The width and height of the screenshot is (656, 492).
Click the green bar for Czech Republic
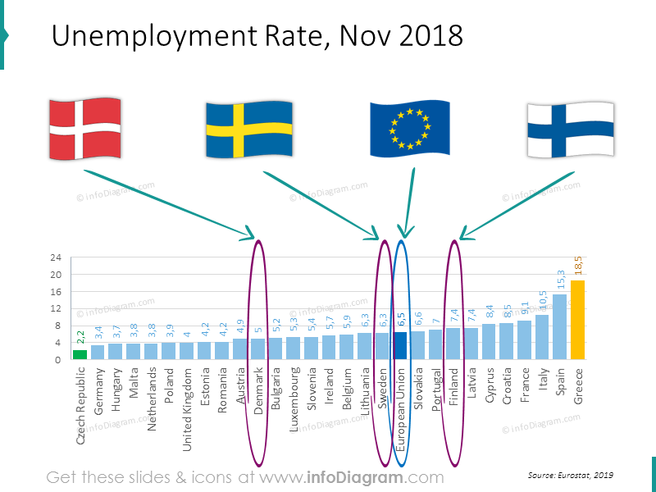80,354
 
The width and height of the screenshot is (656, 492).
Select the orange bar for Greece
578,320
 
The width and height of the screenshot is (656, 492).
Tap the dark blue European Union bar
400,345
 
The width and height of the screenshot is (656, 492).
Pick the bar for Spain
560,326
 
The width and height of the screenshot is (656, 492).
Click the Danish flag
85,128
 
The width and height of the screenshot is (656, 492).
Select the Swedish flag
249,130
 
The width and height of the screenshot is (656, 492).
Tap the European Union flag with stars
409,129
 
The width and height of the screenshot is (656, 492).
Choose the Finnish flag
570,129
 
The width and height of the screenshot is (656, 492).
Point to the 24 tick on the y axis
56,257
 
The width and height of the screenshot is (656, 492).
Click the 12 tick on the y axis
56,308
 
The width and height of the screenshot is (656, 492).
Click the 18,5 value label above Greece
578,267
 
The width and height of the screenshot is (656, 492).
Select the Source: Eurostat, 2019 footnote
571,475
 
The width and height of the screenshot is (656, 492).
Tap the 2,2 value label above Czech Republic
80,336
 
